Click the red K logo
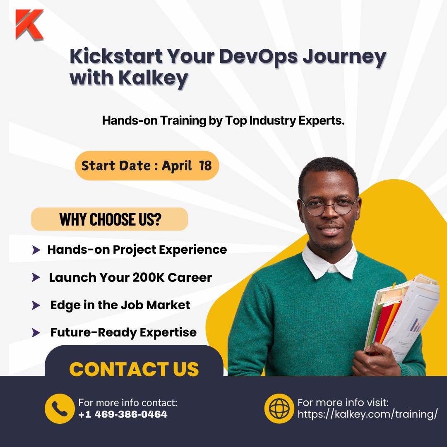coord(29,24)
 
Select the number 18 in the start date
coord(205,166)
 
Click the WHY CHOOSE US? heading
coord(110,219)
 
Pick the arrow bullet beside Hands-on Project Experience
coord(36,250)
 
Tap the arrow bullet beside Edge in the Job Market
coord(36,306)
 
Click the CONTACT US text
coord(134,369)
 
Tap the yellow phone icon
coord(60,409)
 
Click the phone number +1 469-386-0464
coord(123,414)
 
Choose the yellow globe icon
coord(279,409)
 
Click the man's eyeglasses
coord(329,206)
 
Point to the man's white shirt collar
coord(329,261)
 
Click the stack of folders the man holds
coord(401,315)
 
